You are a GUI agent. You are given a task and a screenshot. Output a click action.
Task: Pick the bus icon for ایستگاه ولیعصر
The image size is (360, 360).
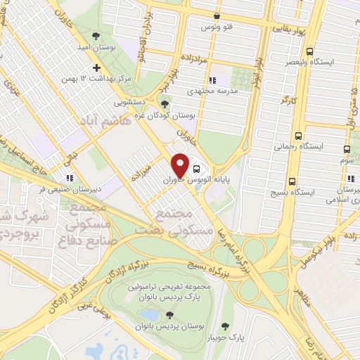pyautogui.click(x=310, y=51)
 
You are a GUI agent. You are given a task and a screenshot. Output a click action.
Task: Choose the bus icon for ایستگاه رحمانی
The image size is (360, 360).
pyautogui.click(x=299, y=136)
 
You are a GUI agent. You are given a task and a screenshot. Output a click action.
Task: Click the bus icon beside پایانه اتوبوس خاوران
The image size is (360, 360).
pyautogui.click(x=196, y=169)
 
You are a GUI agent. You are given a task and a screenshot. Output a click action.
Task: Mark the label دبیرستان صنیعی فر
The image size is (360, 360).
pyautogui.click(x=43, y=188)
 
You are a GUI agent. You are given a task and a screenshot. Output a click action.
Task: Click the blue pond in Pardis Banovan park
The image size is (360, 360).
pyautogui.click(x=148, y=314)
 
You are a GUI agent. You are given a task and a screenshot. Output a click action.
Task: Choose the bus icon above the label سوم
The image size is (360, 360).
pyautogui.click(x=347, y=149)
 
